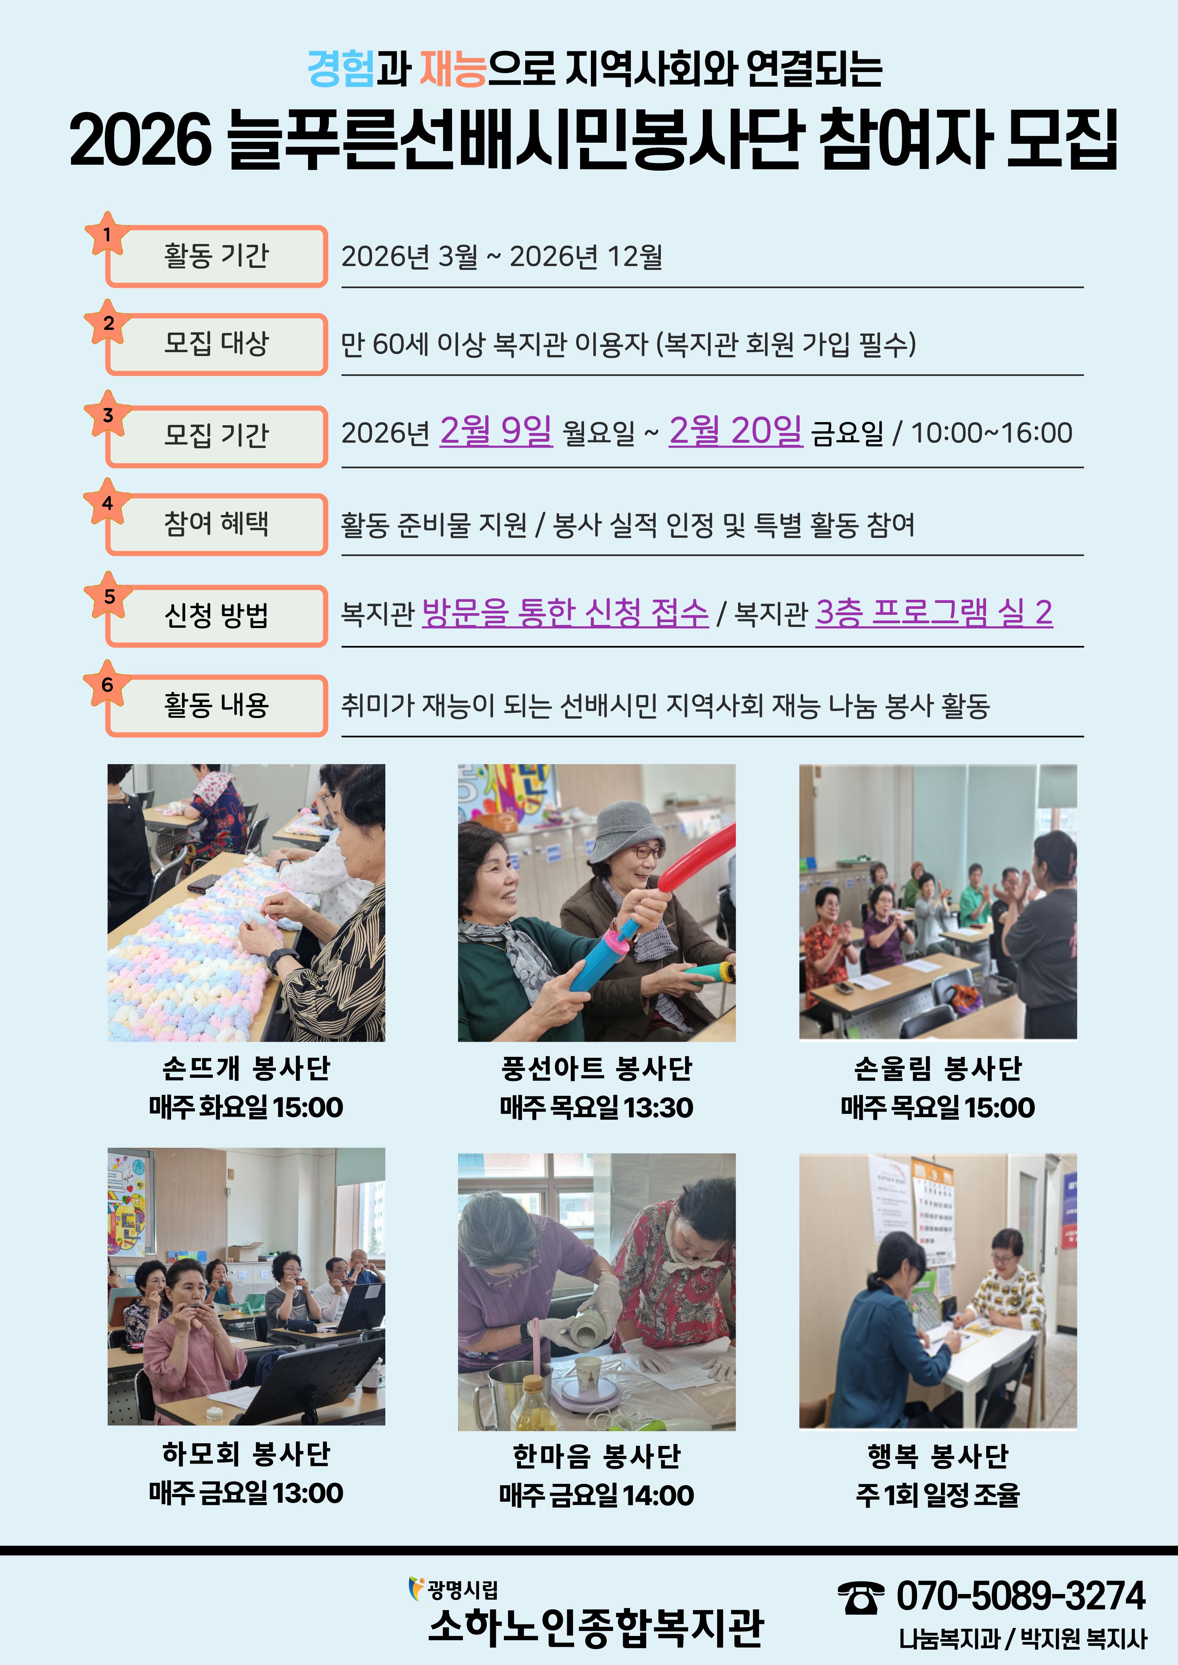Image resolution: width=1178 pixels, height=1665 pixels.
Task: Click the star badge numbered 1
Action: pos(107,234)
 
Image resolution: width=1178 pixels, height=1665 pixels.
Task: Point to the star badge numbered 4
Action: pos(107,502)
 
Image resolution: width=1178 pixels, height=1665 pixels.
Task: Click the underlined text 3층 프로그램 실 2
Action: pos(934,613)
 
